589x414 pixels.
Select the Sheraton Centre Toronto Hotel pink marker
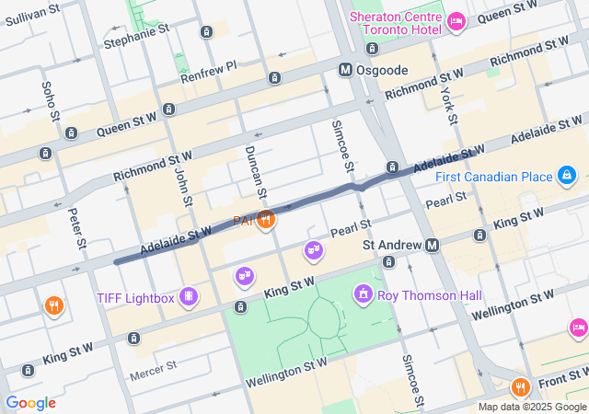[456, 20]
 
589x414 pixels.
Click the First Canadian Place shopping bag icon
[567, 176]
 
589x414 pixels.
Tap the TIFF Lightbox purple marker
[188, 296]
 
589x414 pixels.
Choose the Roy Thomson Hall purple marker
[364, 294]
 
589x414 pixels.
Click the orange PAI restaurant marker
[266, 219]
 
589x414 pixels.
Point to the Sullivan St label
[31, 9]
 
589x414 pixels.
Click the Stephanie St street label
[137, 42]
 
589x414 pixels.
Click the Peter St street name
[78, 230]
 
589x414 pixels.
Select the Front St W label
[560, 374]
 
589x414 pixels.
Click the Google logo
[30, 403]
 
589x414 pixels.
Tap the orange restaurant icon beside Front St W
[520, 386]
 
